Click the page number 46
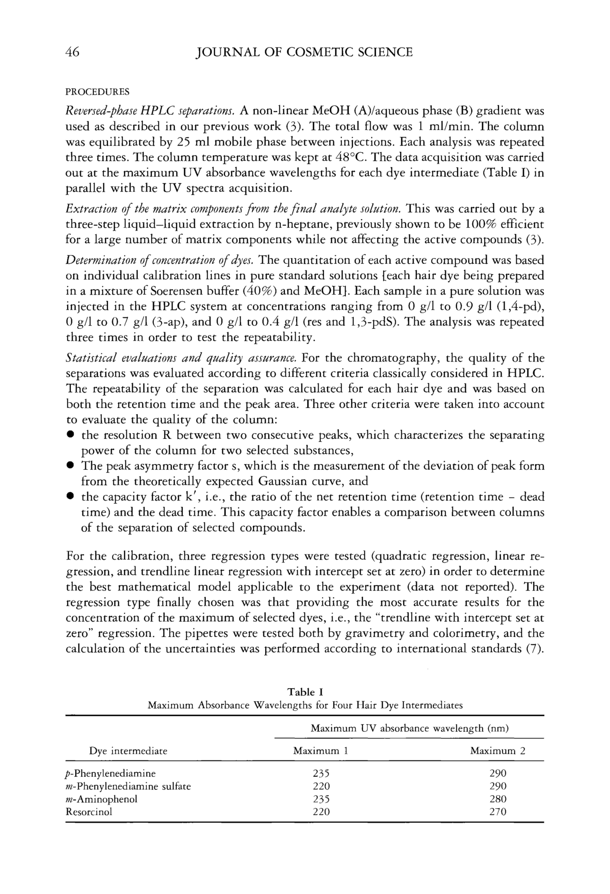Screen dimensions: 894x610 [x=73, y=52]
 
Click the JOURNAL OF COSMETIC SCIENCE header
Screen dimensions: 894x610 [x=304, y=52]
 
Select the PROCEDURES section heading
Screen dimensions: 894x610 [x=98, y=92]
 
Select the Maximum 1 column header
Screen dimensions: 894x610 [x=320, y=751]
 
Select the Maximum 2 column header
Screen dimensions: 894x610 [x=498, y=751]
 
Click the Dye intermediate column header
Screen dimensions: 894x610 [x=128, y=751]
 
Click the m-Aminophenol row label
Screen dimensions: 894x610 [x=101, y=799]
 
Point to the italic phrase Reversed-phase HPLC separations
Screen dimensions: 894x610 [x=151, y=112]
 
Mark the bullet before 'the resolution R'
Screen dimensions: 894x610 [x=70, y=435]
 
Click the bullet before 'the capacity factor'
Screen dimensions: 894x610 [x=70, y=497]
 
